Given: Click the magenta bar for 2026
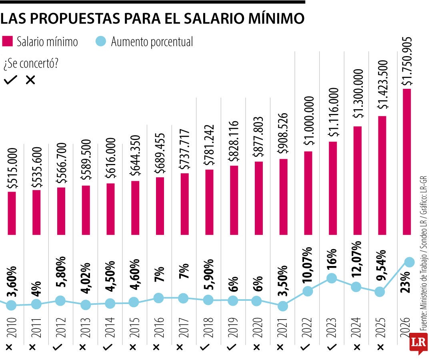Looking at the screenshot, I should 407,161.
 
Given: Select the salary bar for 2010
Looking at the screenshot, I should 12,213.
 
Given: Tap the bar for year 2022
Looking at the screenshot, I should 308,193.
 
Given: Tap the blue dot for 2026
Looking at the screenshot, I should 409,262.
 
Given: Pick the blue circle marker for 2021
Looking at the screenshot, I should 282,306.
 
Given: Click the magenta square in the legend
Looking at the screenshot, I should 8,42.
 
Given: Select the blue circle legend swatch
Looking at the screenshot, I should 101,42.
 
